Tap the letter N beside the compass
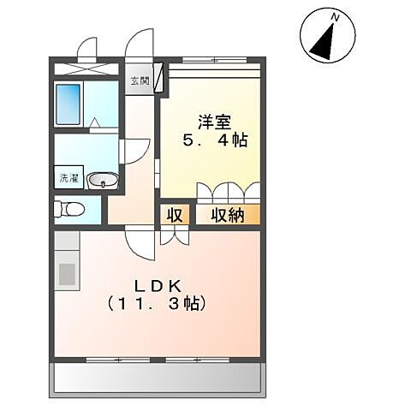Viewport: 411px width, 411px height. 337,16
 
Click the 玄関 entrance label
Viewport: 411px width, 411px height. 138,80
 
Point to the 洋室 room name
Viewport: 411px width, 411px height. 215,121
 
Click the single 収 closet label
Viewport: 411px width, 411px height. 175,215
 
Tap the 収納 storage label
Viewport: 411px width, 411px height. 228,215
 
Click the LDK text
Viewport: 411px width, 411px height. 157,283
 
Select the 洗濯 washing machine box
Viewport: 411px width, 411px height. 68,179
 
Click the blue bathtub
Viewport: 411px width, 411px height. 69,104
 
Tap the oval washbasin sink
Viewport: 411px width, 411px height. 104,181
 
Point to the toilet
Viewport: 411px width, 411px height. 70,208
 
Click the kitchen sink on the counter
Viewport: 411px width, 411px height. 67,275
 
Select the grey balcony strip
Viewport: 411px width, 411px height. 160,376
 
